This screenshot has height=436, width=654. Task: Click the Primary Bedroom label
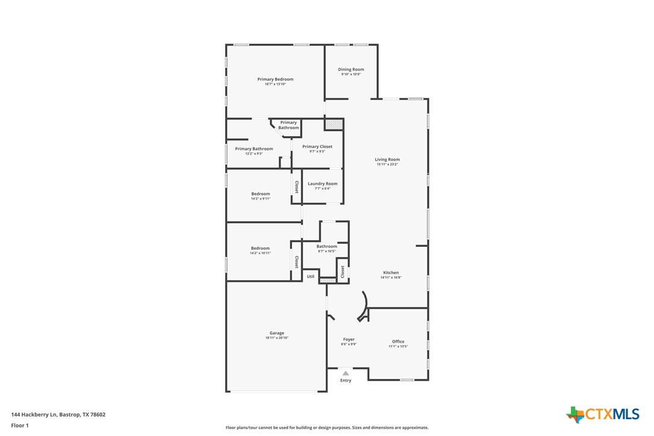(275, 79)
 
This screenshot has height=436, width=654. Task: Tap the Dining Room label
(350, 70)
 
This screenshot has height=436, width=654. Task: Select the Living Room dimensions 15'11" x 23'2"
(388, 164)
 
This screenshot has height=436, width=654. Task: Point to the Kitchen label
(390, 273)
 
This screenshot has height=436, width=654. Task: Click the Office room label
(398, 341)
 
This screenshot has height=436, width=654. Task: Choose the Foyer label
(349, 340)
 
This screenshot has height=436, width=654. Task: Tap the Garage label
(276, 333)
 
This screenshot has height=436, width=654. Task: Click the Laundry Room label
(323, 184)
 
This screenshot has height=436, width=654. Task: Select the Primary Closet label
(317, 146)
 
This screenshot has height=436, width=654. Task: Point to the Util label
(311, 276)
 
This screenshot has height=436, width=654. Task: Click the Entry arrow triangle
(346, 373)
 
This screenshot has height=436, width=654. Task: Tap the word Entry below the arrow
(346, 381)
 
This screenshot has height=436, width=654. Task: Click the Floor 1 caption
(20, 425)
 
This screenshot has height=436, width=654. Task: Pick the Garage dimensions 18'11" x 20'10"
(276, 338)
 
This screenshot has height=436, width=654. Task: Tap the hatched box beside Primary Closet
(334, 124)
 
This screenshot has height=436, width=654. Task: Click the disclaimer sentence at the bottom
(327, 428)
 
